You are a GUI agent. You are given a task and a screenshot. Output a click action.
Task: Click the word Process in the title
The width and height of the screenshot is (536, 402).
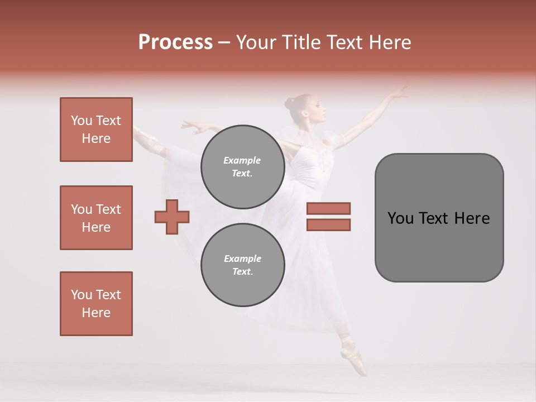(175, 42)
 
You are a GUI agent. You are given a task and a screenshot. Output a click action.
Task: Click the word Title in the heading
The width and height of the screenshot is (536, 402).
(300, 42)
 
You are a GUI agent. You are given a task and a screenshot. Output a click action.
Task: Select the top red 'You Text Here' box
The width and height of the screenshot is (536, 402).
(96, 130)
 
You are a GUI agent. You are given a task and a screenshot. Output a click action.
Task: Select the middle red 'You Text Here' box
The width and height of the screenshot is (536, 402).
(96, 218)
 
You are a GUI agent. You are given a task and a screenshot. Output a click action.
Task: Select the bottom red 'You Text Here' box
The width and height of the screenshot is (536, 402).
(96, 304)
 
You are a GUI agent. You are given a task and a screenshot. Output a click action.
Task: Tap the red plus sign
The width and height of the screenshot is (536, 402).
(172, 217)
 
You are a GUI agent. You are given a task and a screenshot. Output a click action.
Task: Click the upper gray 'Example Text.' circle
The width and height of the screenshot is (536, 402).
(242, 166)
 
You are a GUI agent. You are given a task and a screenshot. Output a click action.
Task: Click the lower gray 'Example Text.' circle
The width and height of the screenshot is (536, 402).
(242, 265)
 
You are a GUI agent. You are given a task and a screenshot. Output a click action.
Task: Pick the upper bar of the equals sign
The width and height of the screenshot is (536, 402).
(328, 209)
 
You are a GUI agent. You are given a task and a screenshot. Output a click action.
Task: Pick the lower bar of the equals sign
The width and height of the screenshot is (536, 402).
(328, 224)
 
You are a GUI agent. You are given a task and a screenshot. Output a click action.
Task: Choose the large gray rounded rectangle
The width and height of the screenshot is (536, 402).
(439, 218)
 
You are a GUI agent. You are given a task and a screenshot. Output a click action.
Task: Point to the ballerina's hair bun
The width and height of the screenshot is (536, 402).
(289, 103)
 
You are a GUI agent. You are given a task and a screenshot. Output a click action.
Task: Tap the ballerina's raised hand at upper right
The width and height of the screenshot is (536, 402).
(399, 92)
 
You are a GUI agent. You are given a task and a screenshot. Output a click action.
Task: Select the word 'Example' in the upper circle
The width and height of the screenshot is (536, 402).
(242, 160)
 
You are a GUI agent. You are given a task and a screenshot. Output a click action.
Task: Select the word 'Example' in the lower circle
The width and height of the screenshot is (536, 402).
(242, 259)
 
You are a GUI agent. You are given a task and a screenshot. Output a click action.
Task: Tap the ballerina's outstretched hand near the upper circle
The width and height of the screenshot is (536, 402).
(193, 126)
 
